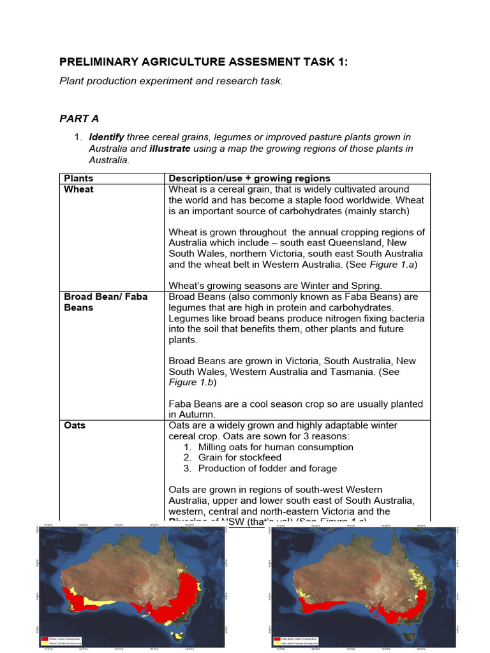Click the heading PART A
click(79, 119)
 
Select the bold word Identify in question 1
click(107, 137)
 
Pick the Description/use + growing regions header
click(249, 179)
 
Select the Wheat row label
click(78, 189)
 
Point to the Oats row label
click(75, 425)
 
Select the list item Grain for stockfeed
click(240, 457)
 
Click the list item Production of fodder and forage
click(268, 468)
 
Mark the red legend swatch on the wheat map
click(44, 637)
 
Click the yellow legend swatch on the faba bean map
click(276, 641)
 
